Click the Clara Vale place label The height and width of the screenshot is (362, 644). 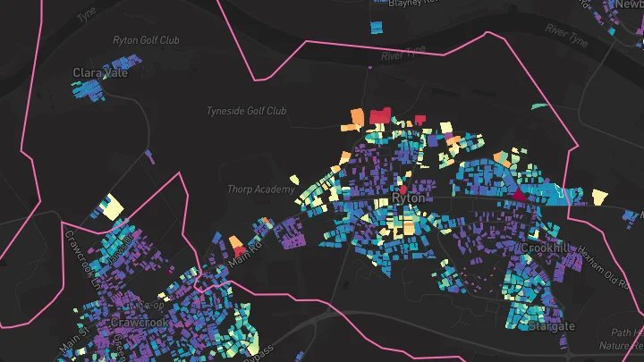tap(100, 72)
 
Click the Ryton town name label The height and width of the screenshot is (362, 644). tap(409, 198)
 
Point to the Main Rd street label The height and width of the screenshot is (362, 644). tap(247, 251)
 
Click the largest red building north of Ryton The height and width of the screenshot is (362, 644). tap(379, 114)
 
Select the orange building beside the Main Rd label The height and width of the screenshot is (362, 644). tap(236, 242)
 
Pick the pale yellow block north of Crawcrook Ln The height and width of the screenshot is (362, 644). tap(112, 206)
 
